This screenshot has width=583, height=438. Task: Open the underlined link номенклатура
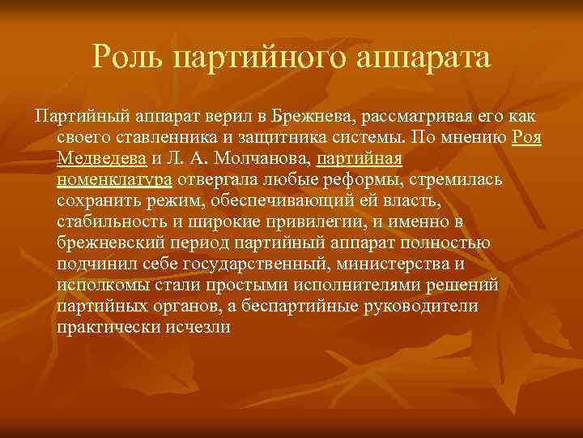pyautogui.click(x=114, y=178)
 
